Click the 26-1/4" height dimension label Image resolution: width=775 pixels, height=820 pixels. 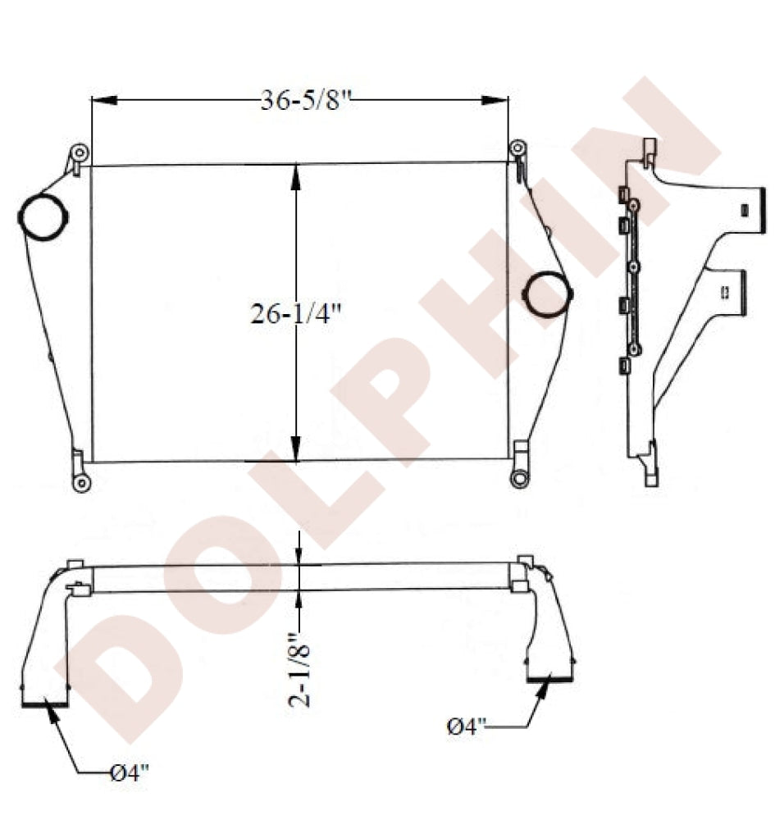(x=295, y=313)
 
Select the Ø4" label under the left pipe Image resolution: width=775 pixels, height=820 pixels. (x=130, y=772)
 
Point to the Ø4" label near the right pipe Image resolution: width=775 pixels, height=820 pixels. (x=467, y=727)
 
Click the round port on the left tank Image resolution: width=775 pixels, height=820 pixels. (x=43, y=217)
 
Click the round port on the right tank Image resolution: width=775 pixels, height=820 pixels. (x=548, y=294)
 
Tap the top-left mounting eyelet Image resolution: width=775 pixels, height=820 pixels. (x=80, y=154)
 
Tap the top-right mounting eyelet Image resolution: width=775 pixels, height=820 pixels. (x=517, y=148)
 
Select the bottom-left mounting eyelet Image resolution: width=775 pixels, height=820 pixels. (x=81, y=483)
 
